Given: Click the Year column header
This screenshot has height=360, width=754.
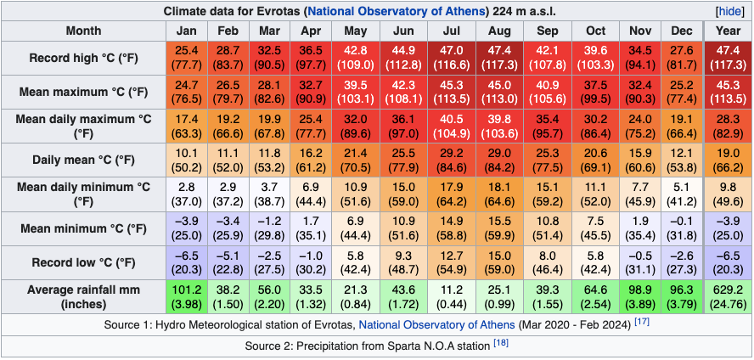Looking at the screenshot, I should pyautogui.click(x=728, y=31).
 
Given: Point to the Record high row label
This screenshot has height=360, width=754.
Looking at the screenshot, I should pyautogui.click(x=82, y=59).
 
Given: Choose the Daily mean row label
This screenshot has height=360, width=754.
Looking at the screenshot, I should pyautogui.click(x=82, y=160).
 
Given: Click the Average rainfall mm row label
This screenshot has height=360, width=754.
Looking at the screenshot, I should pyautogui.click(x=82, y=296).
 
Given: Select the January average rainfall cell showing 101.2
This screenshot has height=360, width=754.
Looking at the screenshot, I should pyautogui.click(x=186, y=296).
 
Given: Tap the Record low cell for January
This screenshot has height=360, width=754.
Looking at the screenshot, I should pyautogui.click(x=186, y=262).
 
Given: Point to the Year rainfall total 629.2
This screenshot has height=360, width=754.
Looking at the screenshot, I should pyautogui.click(x=728, y=296).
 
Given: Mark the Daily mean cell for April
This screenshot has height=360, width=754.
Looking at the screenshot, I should pyautogui.click(x=311, y=160).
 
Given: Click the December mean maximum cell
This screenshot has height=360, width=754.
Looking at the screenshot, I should pyautogui.click(x=682, y=93).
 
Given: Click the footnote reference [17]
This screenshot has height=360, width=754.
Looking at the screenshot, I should pyautogui.click(x=644, y=323).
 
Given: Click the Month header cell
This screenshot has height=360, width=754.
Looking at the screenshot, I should pyautogui.click(x=82, y=31).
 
